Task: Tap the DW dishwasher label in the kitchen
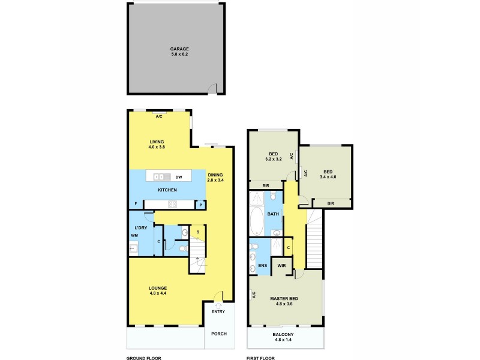[179, 177]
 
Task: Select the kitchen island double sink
[160, 177]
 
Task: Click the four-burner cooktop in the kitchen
[172, 205]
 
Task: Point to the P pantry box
[200, 205]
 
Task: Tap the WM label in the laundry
[134, 235]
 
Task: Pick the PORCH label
[218, 334]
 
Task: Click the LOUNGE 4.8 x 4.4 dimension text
[158, 294]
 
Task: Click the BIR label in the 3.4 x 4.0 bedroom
[331, 204]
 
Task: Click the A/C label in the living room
[159, 116]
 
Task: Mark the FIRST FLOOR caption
[260, 358]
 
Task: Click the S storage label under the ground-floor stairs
[197, 232]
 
